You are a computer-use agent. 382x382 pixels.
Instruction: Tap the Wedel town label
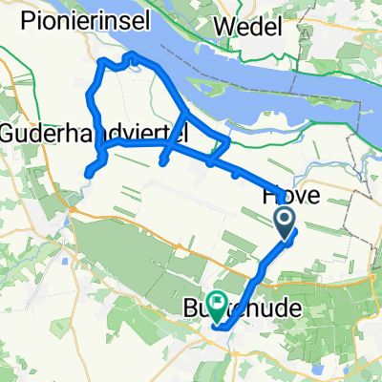coord(248,25)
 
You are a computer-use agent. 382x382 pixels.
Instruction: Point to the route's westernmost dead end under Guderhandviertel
coord(87,173)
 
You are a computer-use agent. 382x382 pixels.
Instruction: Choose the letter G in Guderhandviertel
coord(8,132)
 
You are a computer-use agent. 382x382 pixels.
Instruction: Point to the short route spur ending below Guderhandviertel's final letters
coord(163,162)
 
